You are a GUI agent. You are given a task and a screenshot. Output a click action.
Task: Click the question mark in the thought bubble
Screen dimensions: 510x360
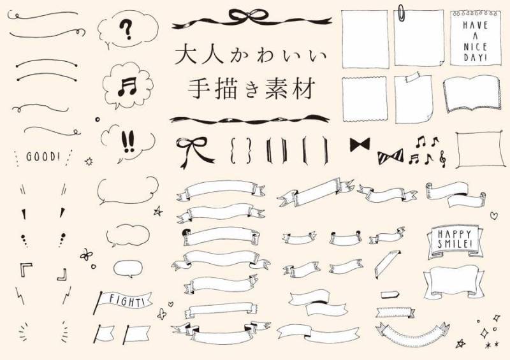tap(126, 29)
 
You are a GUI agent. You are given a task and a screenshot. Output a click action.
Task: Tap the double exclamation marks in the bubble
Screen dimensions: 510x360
tap(127, 142)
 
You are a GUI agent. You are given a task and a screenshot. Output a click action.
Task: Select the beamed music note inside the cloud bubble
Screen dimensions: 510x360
tap(127, 87)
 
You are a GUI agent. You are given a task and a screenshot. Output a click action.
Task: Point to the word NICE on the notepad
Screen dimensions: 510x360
tap(475, 47)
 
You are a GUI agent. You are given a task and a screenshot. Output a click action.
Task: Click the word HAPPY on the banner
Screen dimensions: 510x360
tap(454, 234)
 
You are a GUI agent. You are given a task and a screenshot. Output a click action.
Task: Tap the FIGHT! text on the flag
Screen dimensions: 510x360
tap(126, 301)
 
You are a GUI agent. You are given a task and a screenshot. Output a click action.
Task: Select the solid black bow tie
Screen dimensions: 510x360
tap(360, 145)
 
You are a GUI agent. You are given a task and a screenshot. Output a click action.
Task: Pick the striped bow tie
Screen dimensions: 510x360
tap(391, 157)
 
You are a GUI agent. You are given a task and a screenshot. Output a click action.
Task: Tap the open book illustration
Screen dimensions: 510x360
tap(470, 94)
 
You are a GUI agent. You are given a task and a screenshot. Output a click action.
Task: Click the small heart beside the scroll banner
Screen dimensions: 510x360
tap(493, 215)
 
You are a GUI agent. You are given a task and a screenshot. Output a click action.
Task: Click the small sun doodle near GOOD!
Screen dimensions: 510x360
tap(89, 161)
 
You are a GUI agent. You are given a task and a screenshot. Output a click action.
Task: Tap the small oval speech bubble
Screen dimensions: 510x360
tap(128, 269)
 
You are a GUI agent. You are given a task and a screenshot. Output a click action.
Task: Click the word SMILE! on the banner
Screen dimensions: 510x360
tap(455, 244)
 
